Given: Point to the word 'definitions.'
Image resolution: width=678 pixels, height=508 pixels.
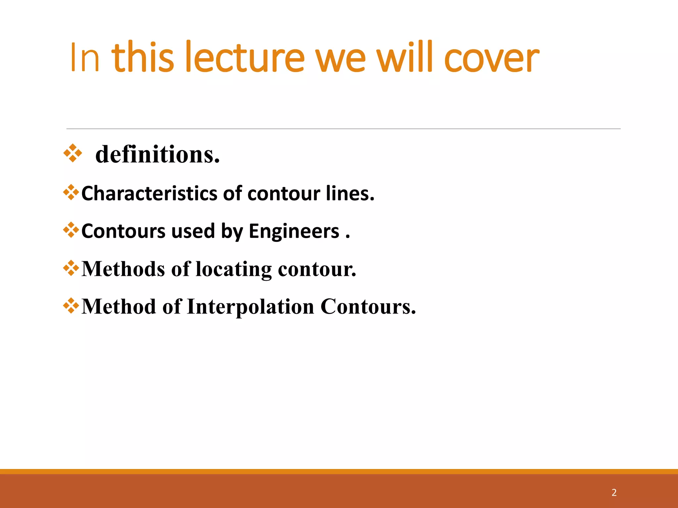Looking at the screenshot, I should click(158, 154).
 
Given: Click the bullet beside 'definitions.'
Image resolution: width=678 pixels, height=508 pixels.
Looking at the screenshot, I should click(73, 153).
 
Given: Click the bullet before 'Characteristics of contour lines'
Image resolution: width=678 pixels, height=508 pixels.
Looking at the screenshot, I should click(71, 192).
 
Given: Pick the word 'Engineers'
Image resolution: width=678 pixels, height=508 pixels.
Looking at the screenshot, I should click(294, 231).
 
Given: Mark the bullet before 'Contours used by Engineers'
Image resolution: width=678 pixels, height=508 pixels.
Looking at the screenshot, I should click(71, 230).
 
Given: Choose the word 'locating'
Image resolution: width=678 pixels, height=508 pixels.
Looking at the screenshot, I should click(234, 269).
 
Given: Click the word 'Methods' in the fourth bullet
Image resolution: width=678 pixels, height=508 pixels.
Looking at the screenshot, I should click(123, 269).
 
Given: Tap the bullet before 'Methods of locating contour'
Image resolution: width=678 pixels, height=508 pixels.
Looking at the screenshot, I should click(71, 268).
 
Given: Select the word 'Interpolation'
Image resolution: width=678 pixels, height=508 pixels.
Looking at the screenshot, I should click(250, 307).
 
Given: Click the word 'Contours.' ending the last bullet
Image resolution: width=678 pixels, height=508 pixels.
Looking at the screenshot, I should click(368, 306).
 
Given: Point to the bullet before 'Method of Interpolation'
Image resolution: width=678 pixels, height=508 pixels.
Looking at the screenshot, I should click(71, 306).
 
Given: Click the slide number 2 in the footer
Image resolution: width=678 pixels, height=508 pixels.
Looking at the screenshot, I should click(614, 492).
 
